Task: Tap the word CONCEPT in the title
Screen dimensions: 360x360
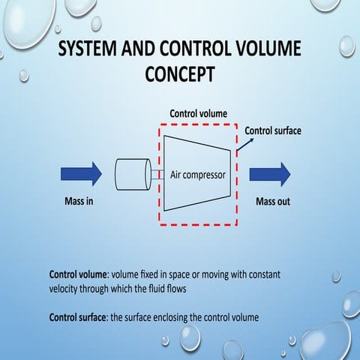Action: click(x=179, y=75)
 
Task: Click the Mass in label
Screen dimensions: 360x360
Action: click(x=79, y=202)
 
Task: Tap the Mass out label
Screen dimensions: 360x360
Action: click(x=273, y=202)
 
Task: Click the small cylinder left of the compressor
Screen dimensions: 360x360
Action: click(x=133, y=175)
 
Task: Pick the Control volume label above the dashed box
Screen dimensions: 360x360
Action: click(x=199, y=114)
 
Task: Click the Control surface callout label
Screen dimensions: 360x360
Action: click(x=273, y=131)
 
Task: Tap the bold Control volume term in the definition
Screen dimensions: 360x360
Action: click(x=79, y=274)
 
